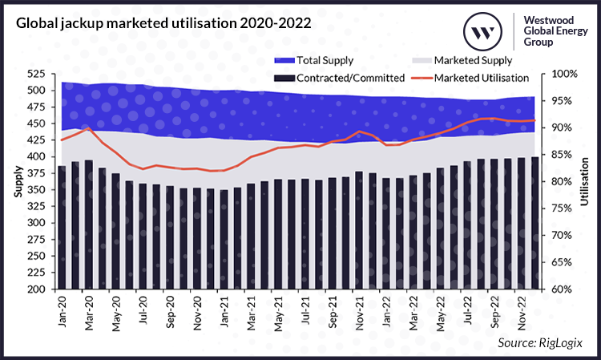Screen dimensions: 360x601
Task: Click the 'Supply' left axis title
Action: click(17, 182)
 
